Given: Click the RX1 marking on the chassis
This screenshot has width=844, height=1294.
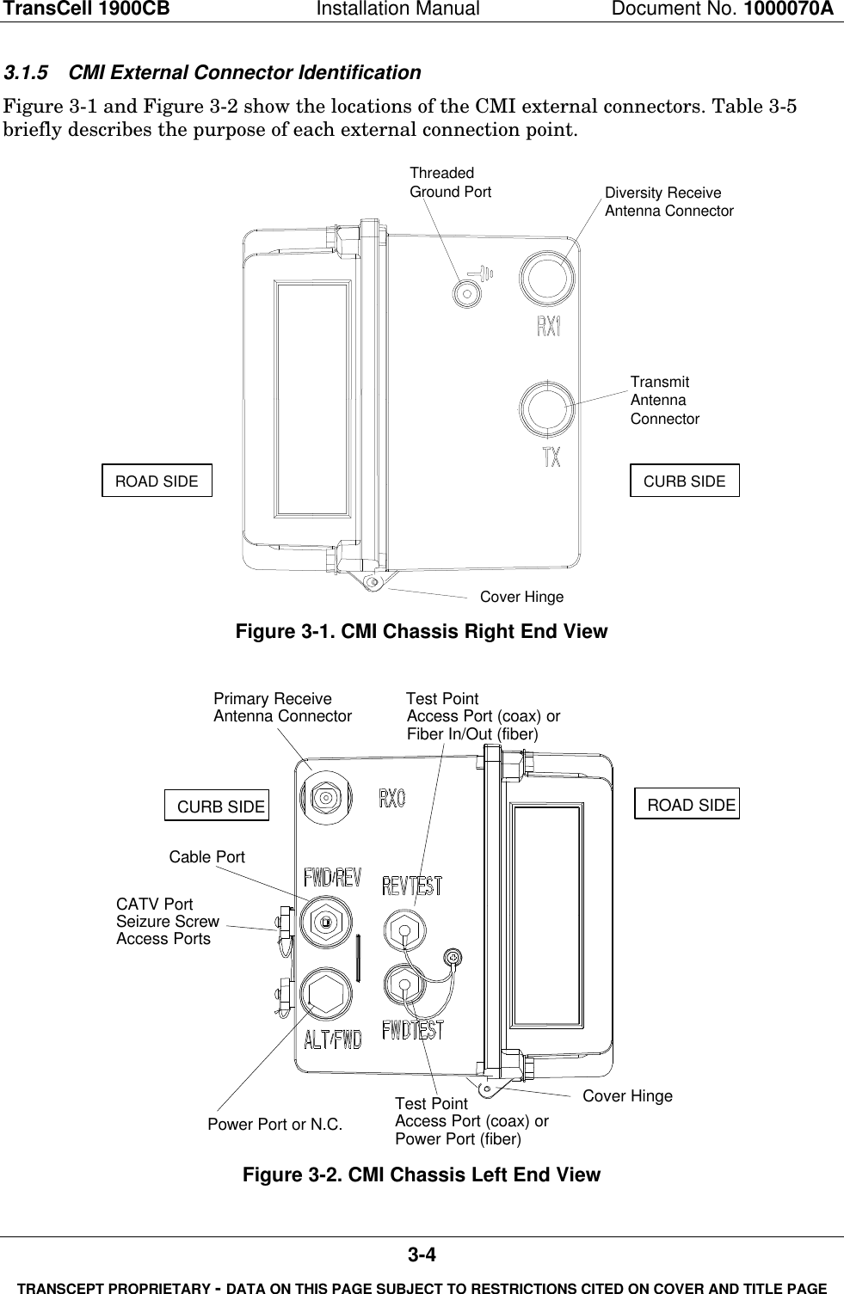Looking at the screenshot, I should coord(548,328).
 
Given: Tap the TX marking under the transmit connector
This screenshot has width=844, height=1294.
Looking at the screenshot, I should coord(551,457).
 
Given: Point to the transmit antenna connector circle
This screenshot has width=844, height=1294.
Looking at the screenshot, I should coord(547,408).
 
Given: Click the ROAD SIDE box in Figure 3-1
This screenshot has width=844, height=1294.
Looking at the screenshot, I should coord(157,481).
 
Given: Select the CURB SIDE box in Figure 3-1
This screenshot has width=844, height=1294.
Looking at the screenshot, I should coord(684,481).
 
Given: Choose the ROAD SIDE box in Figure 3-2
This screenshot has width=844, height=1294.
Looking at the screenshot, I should coord(687,805).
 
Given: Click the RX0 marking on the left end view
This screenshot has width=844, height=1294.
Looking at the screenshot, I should coord(391,799).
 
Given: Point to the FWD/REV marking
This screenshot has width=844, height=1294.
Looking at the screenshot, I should coord(332,878).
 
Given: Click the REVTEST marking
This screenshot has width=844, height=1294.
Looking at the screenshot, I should coord(411,886).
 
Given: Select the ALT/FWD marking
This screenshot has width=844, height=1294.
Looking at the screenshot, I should coord(332,1038).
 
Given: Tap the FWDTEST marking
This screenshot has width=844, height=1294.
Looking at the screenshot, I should coord(413,1029).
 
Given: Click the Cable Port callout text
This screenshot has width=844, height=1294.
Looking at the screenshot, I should coord(206,857).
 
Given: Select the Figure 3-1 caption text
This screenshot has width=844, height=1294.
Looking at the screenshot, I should coord(422,632).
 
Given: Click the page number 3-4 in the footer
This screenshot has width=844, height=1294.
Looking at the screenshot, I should coord(422,1256).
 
